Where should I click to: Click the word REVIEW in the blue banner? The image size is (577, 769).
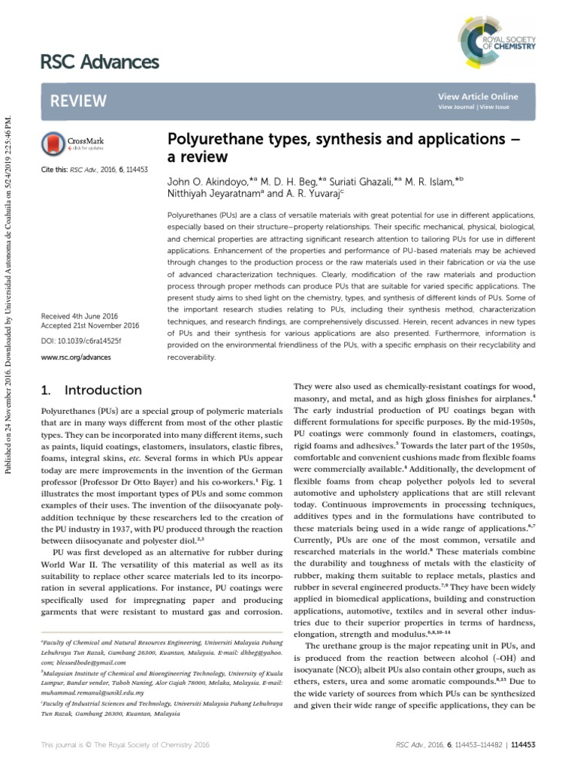pyautogui.click(x=79, y=101)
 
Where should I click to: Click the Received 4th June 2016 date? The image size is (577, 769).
pyautogui.click(x=80, y=316)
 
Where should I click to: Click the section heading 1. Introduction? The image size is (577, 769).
pyautogui.click(x=89, y=391)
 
